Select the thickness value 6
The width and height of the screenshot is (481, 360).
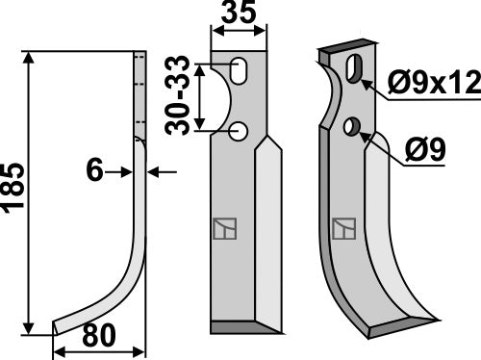(95, 172)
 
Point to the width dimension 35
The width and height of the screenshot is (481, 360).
(238, 15)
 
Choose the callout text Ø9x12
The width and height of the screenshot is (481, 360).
(435, 86)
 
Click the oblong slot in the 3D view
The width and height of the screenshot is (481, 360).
(354, 70)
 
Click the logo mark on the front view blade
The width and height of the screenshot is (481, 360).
(222, 229)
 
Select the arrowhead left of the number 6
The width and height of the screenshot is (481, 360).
(127, 172)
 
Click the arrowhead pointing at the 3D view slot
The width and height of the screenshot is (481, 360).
(367, 81)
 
